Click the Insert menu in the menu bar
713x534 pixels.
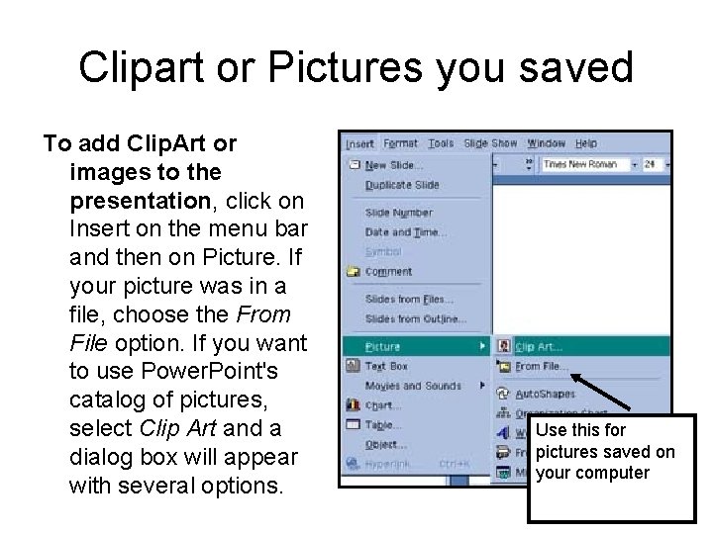[358, 143]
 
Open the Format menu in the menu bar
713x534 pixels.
[400, 143]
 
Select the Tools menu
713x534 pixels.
[441, 143]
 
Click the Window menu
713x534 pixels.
[546, 143]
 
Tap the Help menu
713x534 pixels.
[585, 143]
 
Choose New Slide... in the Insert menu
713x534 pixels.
[393, 165]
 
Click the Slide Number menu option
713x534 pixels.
[398, 213]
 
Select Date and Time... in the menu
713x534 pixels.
[405, 231]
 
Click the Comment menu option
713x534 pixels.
[387, 271]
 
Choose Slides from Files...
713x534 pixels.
[409, 299]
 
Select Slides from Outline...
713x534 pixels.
[414, 318]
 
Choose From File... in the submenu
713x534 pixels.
[541, 366]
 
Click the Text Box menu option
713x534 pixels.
[386, 365]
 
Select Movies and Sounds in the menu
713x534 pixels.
[412, 385]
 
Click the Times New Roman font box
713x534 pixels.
[581, 164]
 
